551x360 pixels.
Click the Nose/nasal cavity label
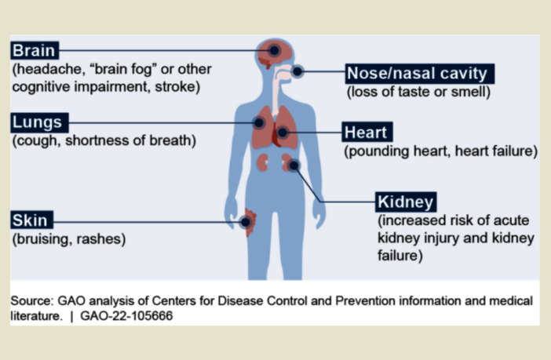pos(417,74)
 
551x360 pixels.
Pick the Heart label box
pos(366,132)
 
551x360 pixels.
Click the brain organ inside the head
pos(277,53)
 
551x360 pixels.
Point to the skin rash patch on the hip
pos(250,222)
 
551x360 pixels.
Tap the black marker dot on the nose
pos(298,73)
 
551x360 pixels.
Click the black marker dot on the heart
pos(283,132)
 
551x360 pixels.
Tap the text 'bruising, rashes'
pos(69,238)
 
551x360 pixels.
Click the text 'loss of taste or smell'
pos(418,92)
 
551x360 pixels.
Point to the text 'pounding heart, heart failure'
pos(440,151)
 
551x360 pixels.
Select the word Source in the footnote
pos(31,300)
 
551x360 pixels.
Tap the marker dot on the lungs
pos(258,122)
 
